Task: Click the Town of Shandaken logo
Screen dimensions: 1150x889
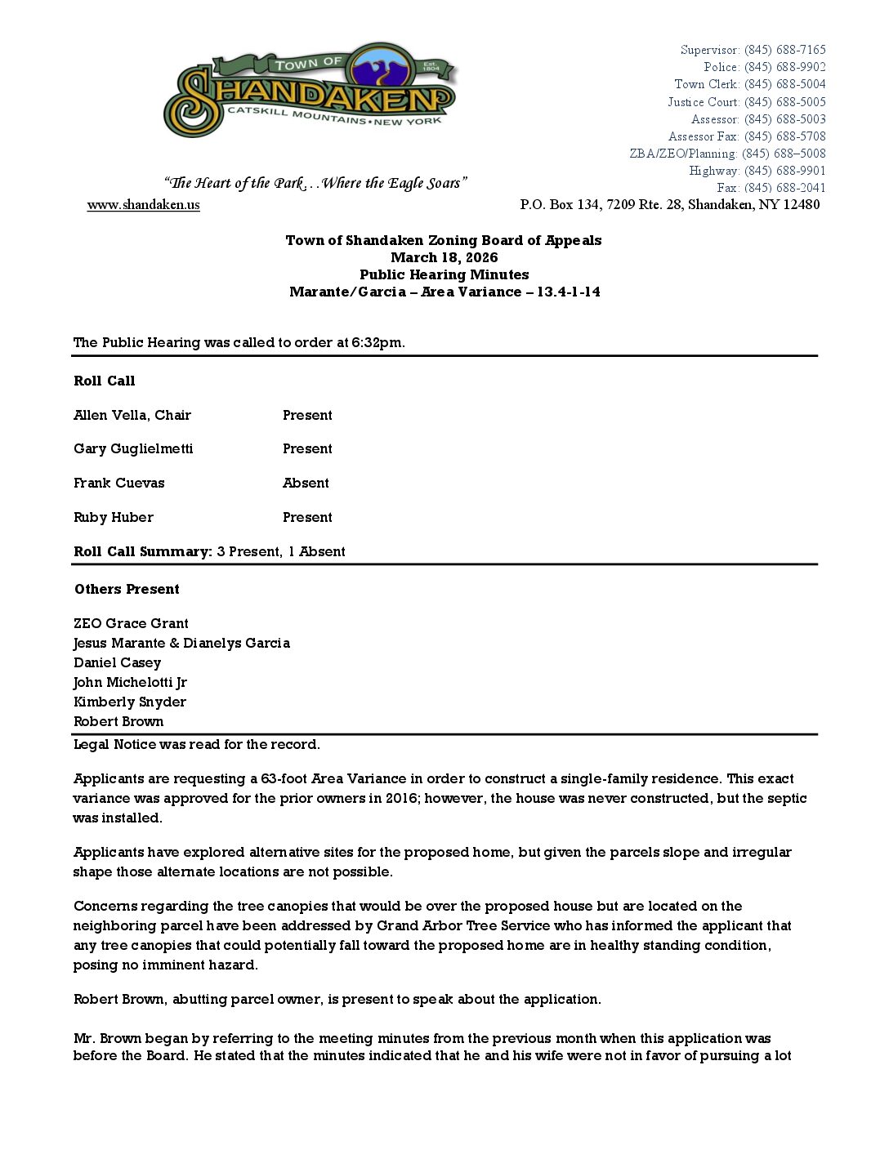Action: tap(310, 91)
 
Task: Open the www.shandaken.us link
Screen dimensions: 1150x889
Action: tap(144, 205)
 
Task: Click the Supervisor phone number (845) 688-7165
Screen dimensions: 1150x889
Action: tap(784, 50)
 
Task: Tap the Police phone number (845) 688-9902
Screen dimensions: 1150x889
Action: tap(784, 67)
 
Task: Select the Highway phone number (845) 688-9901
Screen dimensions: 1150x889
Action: tap(784, 171)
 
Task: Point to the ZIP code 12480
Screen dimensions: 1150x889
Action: tap(801, 205)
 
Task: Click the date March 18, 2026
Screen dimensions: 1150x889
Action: tap(444, 258)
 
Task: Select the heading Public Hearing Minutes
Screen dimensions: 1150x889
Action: tap(444, 275)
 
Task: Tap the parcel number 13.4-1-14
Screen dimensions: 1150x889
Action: tap(568, 292)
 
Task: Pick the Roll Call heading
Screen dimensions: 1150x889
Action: tap(105, 381)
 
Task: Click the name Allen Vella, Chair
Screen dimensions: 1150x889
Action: tap(132, 416)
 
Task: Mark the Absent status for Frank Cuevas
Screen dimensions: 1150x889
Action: tap(306, 484)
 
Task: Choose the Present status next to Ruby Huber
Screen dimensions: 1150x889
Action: tap(307, 518)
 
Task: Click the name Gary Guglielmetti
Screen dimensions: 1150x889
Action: tap(133, 449)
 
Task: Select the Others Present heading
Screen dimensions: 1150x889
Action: tap(127, 590)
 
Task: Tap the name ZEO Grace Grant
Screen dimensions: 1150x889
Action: tap(131, 624)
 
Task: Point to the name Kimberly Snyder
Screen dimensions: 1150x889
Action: tap(130, 702)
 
